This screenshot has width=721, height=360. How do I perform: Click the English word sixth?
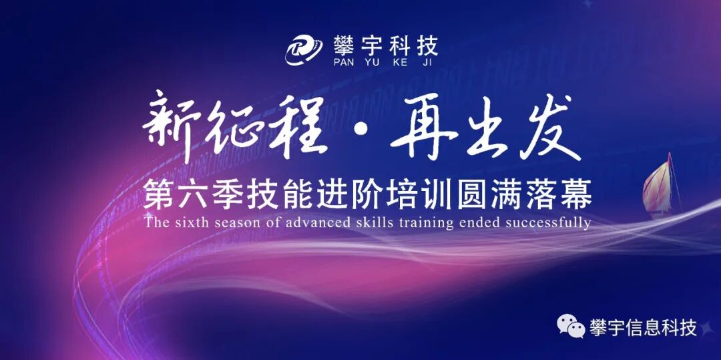tap(194, 222)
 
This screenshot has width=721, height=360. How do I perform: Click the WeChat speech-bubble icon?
tap(571, 327)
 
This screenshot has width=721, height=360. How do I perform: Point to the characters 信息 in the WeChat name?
tap(643, 328)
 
